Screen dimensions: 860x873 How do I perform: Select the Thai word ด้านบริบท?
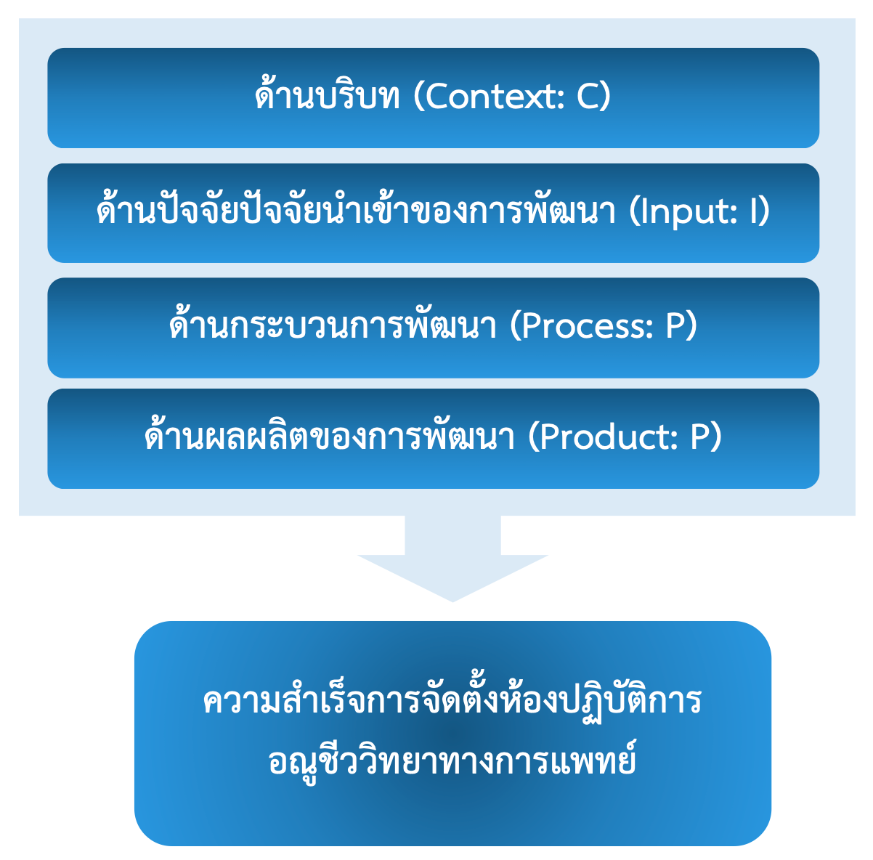(x=328, y=97)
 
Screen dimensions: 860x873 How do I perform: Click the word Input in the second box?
(x=686, y=212)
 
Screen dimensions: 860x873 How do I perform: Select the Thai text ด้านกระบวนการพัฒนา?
(x=333, y=327)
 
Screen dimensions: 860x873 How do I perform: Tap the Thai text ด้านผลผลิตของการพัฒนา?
(x=330, y=437)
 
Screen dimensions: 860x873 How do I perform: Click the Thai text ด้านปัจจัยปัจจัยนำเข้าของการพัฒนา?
(x=357, y=212)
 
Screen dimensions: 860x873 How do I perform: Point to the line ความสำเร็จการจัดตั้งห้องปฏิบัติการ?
(x=452, y=702)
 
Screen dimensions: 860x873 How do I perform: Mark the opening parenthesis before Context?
(x=418, y=97)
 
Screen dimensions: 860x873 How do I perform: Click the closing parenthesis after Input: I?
(x=765, y=212)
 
